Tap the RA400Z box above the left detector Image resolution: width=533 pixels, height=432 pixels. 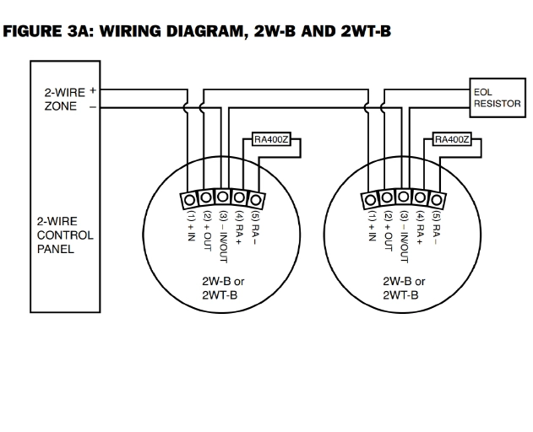[271, 139]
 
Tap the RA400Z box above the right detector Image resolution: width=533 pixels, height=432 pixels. [451, 139]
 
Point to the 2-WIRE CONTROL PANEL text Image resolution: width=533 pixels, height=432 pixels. [64, 235]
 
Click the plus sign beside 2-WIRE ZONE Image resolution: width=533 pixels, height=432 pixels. [92, 89]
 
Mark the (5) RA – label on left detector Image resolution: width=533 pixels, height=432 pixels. [255, 228]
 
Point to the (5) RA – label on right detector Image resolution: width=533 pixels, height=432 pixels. [436, 228]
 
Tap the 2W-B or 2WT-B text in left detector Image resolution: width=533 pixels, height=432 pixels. [221, 289]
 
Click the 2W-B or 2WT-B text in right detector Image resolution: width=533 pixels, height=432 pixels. [403, 289]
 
